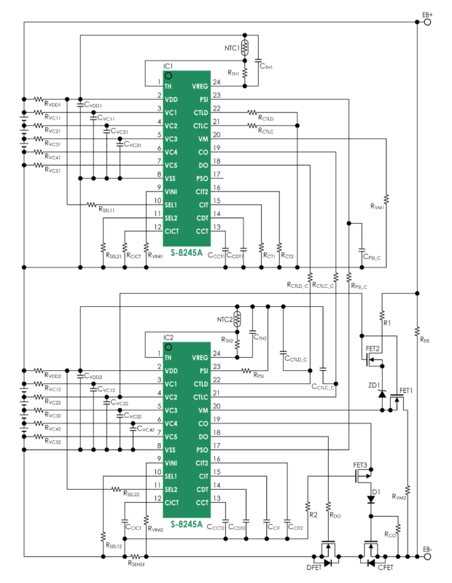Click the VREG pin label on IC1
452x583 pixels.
point(200,86)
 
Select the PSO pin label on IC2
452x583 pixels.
point(202,450)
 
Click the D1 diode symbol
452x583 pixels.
point(372,499)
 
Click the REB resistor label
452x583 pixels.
point(425,338)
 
